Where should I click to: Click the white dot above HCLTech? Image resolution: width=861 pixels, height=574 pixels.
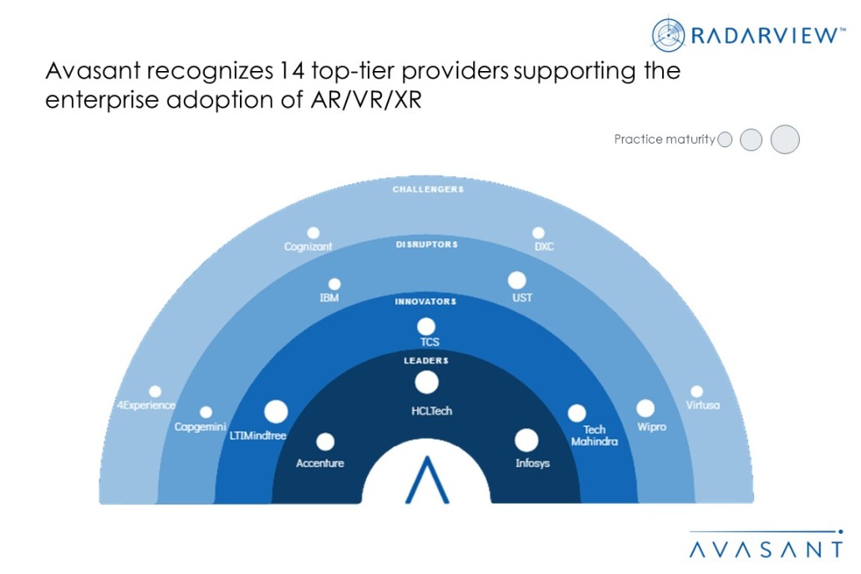(427, 383)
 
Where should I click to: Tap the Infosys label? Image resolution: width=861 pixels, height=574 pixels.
(532, 463)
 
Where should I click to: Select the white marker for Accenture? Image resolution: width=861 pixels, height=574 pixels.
(325, 442)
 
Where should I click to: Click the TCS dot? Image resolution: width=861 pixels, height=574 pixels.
(426, 327)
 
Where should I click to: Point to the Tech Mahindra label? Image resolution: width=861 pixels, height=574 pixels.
(594, 435)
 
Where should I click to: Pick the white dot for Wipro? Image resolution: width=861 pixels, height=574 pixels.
(645, 409)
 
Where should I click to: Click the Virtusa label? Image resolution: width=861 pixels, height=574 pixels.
(702, 405)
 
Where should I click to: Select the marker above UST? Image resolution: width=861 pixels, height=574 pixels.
(517, 281)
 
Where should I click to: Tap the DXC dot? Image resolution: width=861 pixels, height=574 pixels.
(538, 233)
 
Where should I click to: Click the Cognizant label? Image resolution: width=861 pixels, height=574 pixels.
(308, 246)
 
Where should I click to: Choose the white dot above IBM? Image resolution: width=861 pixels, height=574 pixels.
(334, 284)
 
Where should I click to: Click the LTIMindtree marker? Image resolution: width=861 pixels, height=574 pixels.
(276, 412)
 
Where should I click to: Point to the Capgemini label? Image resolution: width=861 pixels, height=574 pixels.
(200, 427)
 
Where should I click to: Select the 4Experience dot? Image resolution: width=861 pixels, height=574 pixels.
(155, 391)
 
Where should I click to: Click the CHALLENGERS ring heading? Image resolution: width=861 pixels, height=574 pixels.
(428, 190)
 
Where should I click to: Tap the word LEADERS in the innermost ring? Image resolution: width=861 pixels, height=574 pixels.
(427, 360)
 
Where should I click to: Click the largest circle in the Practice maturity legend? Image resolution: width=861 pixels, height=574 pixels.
(785, 140)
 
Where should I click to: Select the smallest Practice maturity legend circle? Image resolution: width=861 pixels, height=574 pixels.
(725, 140)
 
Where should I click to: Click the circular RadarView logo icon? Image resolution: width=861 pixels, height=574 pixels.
(669, 35)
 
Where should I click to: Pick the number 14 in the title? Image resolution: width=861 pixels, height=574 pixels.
(297, 72)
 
